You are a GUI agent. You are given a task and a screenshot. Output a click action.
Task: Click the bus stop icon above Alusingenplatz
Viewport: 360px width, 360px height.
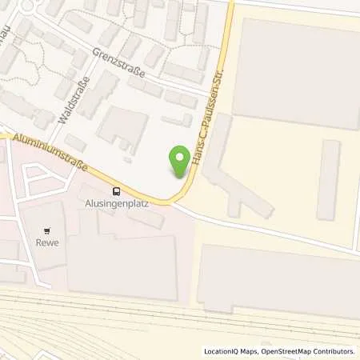click(x=117, y=191)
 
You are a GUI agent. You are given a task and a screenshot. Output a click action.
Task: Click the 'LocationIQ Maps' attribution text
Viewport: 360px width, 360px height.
click(x=231, y=351)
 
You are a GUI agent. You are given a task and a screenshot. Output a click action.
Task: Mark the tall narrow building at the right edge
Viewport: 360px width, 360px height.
click(x=327, y=180)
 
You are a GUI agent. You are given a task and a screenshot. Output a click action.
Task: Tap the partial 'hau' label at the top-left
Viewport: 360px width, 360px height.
click(x=10, y=38)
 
